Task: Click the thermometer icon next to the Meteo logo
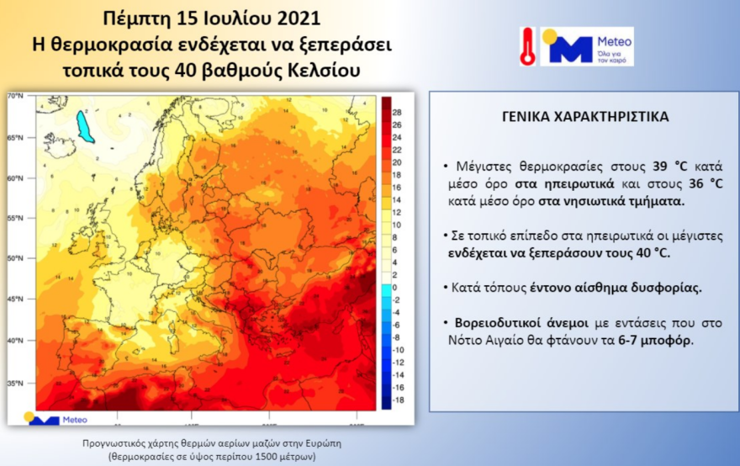[x=528, y=45]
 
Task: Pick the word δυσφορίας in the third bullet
[x=670, y=287]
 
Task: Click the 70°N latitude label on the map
[x=16, y=97]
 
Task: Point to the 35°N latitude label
[x=16, y=383]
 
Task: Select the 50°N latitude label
[x=16, y=259]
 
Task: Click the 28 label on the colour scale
[x=398, y=111]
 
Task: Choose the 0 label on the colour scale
[x=395, y=286]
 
